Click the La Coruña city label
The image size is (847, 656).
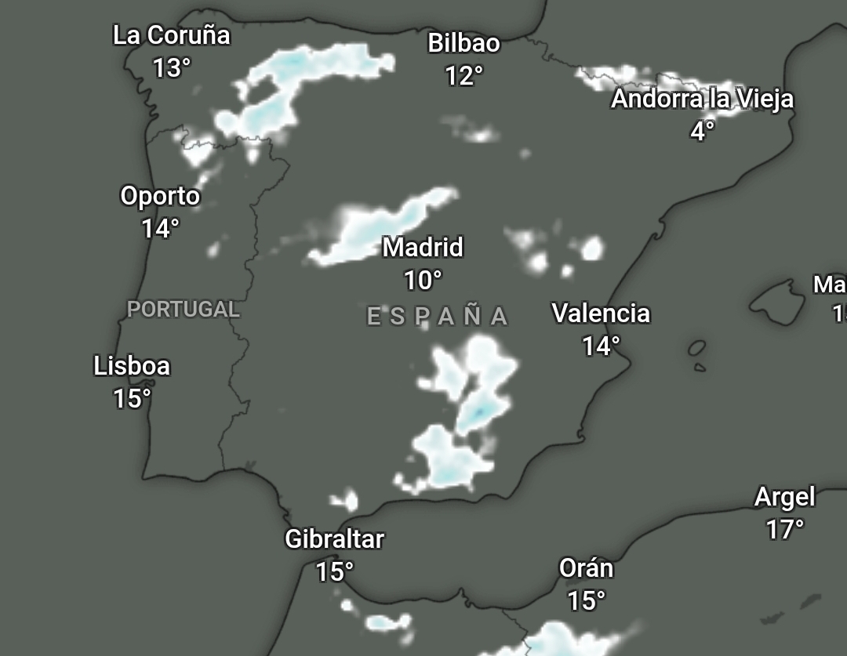tap(171, 35)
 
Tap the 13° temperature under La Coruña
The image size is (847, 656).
tap(171, 68)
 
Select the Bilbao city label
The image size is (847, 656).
tap(463, 43)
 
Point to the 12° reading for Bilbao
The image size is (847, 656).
tap(463, 76)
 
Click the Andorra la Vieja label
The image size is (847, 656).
tap(702, 100)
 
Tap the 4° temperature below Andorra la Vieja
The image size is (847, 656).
tap(702, 131)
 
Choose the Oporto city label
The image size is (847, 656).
tap(160, 196)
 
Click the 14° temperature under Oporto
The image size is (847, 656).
tap(160, 229)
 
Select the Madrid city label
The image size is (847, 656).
tap(423, 248)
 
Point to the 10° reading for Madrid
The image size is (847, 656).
tap(423, 280)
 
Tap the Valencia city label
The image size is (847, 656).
tap(601, 314)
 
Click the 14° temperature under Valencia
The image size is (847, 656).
tap(601, 346)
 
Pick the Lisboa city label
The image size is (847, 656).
tap(132, 366)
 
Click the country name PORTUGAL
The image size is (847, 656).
tap(184, 310)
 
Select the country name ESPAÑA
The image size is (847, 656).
tap(438, 317)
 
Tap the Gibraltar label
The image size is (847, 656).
tap(334, 539)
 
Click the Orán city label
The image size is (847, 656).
tap(586, 568)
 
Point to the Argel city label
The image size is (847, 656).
tap(784, 497)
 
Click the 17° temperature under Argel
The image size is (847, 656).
tap(784, 530)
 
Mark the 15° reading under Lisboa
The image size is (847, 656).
tap(132, 399)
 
